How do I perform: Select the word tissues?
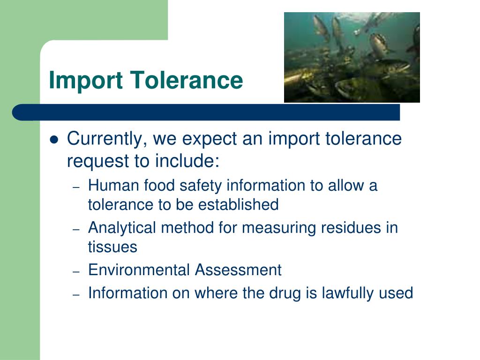coord(112,247)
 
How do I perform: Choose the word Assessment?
coord(238,270)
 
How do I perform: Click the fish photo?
coord(352,57)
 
